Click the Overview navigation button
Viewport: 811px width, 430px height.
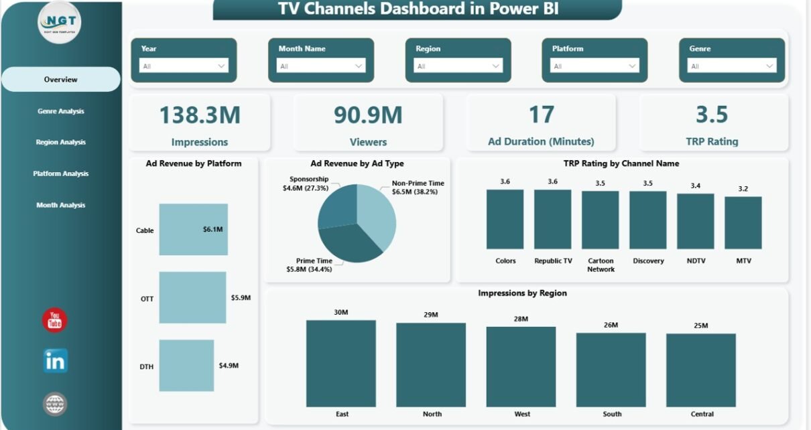(x=60, y=80)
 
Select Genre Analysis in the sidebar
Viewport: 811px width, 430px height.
(x=60, y=111)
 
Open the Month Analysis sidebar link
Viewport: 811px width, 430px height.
(x=60, y=205)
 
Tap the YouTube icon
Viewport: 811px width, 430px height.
(x=55, y=320)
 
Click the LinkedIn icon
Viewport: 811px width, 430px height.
(x=55, y=361)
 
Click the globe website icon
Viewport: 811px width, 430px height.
(x=55, y=404)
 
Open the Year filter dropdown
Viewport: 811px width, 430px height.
(x=184, y=66)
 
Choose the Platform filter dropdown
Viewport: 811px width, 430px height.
(x=595, y=66)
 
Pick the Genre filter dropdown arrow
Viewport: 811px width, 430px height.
(x=769, y=66)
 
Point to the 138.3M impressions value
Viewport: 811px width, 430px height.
(x=200, y=115)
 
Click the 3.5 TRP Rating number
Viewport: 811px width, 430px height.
(x=712, y=115)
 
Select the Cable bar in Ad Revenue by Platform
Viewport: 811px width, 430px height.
(x=193, y=230)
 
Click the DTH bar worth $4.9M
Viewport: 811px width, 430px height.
(x=186, y=365)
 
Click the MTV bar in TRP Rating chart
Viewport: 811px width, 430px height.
(x=743, y=222)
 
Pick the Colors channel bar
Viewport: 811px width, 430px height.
(x=505, y=219)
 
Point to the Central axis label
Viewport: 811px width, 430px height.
(x=700, y=414)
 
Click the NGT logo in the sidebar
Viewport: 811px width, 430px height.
(x=59, y=22)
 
